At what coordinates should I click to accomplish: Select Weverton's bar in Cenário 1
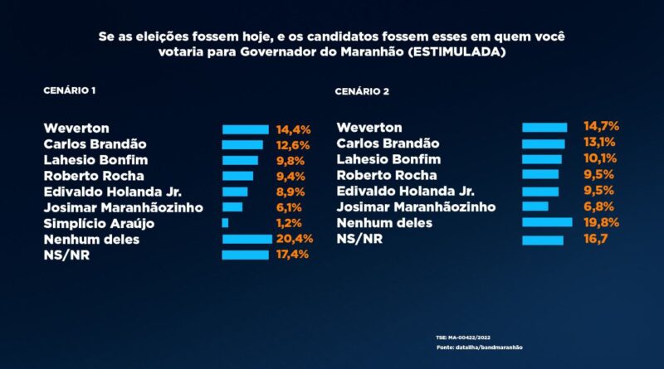245,129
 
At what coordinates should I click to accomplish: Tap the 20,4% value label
292,239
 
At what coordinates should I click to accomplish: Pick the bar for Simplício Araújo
225,223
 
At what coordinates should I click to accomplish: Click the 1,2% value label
289,223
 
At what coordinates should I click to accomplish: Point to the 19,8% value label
601,222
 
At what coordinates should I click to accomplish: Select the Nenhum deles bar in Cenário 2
547,222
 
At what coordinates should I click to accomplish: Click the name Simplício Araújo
99,223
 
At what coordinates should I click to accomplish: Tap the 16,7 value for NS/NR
598,239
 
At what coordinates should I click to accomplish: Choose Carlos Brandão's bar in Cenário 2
543,143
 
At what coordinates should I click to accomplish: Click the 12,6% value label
292,145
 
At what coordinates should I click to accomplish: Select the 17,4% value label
292,255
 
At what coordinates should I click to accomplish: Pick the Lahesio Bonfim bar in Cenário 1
240,160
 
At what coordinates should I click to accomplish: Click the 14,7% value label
601,127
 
